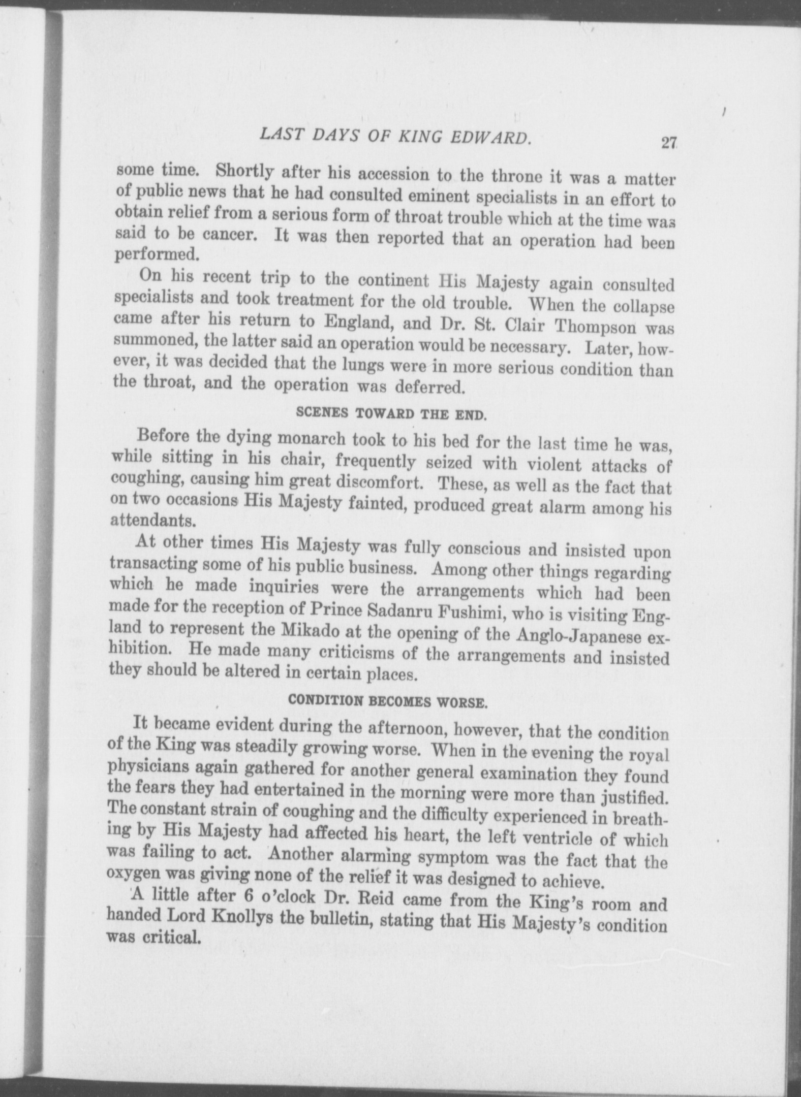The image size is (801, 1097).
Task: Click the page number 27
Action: (667, 143)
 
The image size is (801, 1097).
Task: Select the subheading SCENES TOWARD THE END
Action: (391, 413)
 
